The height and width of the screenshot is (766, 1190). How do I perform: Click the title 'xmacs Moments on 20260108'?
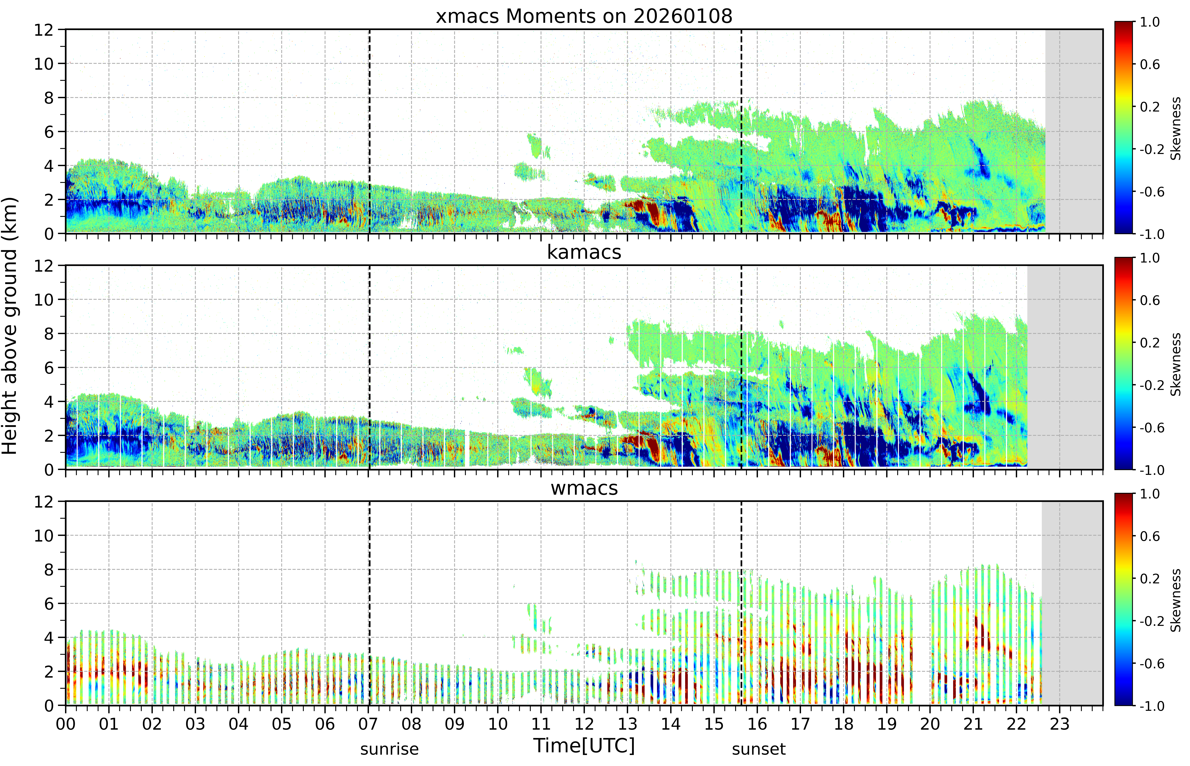(584, 16)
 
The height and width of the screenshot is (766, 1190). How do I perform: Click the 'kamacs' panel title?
(584, 252)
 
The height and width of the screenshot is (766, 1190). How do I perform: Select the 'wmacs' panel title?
(584, 488)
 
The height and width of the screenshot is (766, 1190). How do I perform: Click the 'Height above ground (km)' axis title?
(10, 326)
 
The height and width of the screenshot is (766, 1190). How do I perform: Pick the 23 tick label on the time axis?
(1059, 724)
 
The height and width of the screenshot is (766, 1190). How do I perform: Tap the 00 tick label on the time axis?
(66, 724)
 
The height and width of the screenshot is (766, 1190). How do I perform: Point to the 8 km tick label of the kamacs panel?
(49, 334)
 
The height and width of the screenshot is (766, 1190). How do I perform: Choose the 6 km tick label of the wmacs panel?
(49, 604)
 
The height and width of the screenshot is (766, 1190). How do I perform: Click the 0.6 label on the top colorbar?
(1150, 65)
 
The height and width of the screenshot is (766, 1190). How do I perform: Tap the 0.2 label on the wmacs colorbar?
(1150, 579)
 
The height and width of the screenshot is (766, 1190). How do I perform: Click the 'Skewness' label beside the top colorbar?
(1176, 128)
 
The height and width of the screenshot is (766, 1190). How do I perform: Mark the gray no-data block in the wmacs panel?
(1072, 603)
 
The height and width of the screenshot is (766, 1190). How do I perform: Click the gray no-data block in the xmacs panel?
(1074, 131)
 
